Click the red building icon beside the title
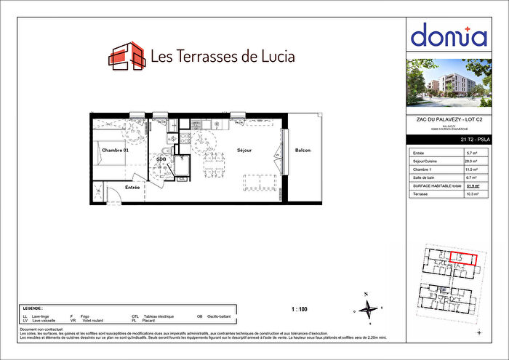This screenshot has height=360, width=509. coord(126,56)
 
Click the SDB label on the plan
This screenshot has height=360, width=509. coord(161,159)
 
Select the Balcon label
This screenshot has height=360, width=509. coord(302,151)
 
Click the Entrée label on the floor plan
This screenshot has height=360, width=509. coord(132,187)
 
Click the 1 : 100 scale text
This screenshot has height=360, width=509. coord(299,310)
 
